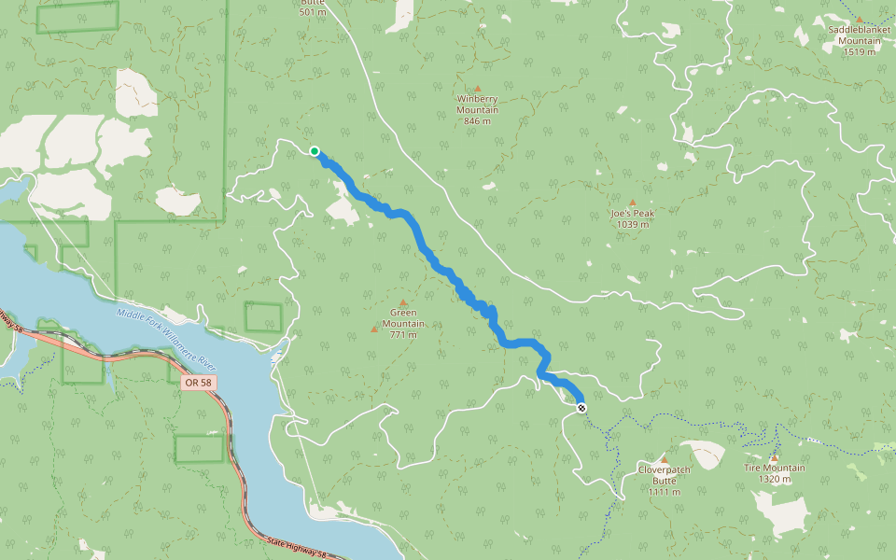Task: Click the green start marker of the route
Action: pos(315,151)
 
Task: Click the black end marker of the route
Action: pos(582,408)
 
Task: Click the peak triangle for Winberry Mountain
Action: pos(477,89)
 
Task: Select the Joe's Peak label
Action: pos(633,214)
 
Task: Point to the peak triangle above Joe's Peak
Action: pos(632,202)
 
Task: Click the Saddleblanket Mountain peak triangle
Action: pos(860,19)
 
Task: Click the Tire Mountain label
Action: pos(775,469)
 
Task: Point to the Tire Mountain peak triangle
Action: pos(774,457)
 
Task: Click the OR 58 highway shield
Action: pos(198,383)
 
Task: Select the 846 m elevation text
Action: pos(477,121)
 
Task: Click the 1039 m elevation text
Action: pos(633,224)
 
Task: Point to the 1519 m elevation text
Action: pos(860,51)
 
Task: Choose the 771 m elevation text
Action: pos(403,335)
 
